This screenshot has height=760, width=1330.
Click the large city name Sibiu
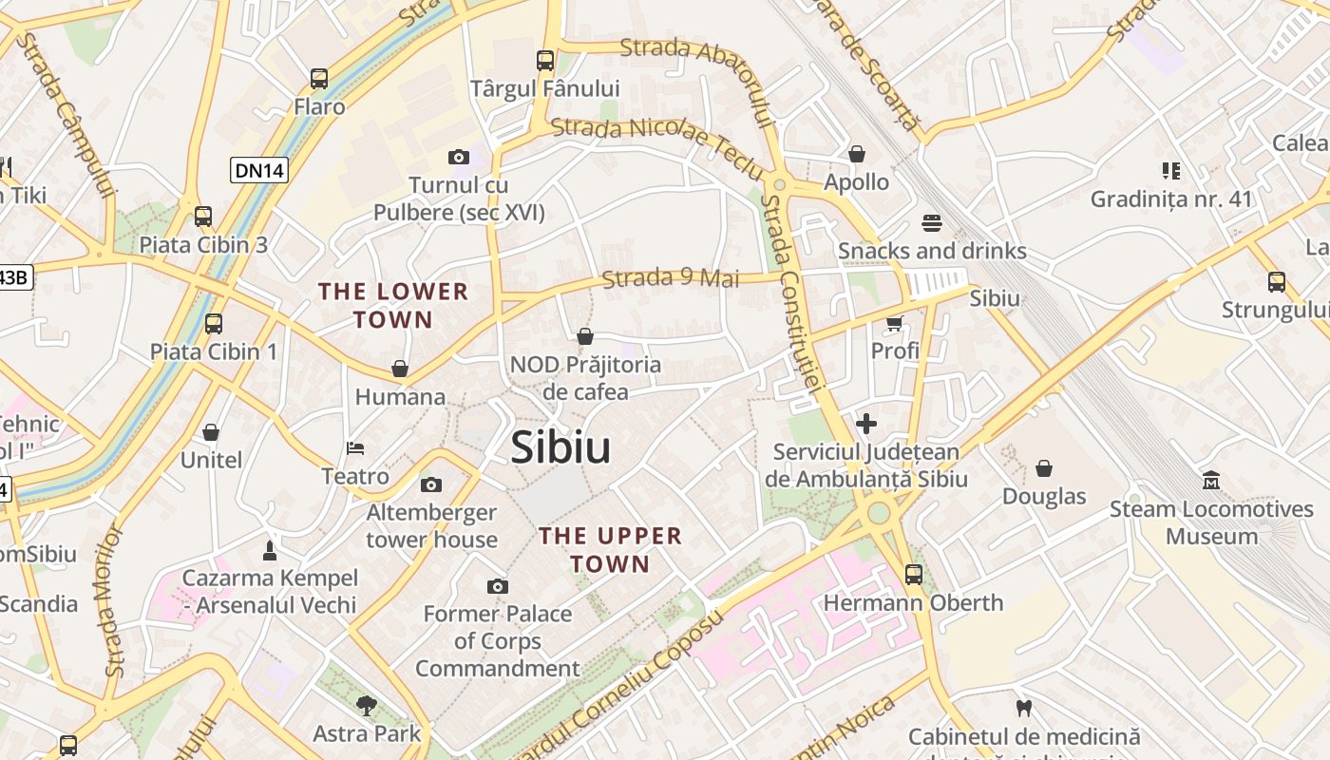point(560,447)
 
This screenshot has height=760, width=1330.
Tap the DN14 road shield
point(259,170)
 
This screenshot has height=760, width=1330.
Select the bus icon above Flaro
point(319,79)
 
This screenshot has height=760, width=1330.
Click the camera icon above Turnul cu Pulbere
point(459,157)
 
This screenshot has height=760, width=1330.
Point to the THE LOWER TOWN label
point(393,305)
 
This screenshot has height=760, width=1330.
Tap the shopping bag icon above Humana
point(400,369)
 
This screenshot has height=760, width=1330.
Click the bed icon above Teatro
point(355,447)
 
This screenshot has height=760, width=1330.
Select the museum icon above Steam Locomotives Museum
point(1211,481)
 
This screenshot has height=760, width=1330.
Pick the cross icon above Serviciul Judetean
point(866,424)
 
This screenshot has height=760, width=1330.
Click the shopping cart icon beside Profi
point(894,324)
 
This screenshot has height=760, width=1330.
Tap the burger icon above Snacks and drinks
point(932,223)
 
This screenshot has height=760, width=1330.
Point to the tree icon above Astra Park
point(367,706)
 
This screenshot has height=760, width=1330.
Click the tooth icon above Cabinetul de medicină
point(1023,708)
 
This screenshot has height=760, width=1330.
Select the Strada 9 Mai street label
point(671,278)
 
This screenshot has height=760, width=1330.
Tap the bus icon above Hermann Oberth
point(913,575)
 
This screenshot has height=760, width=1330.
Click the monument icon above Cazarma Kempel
point(270,550)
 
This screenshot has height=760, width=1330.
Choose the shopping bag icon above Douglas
point(1044,468)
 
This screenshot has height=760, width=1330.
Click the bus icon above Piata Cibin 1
point(214,324)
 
